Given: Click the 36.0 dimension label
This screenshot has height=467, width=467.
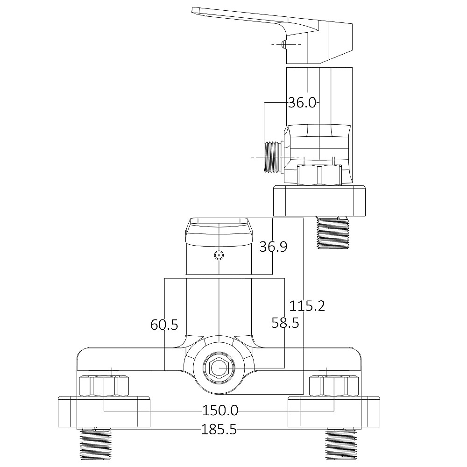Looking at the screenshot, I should click(302, 103).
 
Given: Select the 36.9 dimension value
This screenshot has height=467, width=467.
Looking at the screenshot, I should click(273, 247).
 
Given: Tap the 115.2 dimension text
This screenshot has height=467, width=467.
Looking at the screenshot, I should click(307, 306).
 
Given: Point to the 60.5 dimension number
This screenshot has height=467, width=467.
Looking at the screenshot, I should click(164, 325).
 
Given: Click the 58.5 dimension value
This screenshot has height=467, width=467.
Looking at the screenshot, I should click(285, 322).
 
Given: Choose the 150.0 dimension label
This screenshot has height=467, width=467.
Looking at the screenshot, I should click(220, 410).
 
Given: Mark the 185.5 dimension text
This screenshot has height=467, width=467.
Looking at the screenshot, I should click(219, 429).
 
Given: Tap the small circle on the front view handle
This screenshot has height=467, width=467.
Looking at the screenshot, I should click(218, 255).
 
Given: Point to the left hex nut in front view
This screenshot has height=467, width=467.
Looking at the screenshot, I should click(104, 386).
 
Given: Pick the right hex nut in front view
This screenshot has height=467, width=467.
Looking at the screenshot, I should click(333, 386).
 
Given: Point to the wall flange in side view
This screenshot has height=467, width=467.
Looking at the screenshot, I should click(320, 201).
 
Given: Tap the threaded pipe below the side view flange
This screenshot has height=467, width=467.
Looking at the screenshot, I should click(333, 233).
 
